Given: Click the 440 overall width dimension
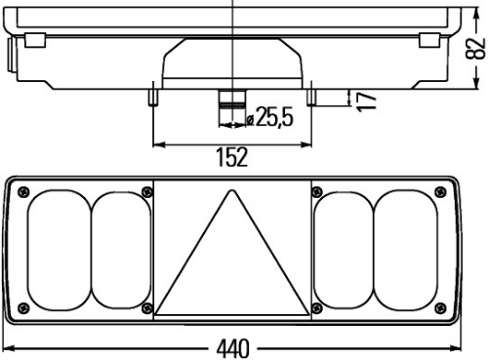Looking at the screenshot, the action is pyautogui.click(x=233, y=348).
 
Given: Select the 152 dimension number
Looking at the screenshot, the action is pyautogui.click(x=232, y=157).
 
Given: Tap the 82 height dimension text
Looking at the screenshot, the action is pyautogui.click(x=475, y=49).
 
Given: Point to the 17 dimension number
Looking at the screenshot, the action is pyautogui.click(x=366, y=101).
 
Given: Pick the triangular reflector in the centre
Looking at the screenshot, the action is pyautogui.click(x=232, y=253).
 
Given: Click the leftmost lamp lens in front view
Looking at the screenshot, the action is pyautogui.click(x=60, y=250).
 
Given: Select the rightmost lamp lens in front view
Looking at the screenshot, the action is pyautogui.click(x=406, y=250).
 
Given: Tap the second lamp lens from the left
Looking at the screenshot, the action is pyautogui.click(x=121, y=250).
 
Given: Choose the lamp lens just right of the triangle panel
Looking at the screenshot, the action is pyautogui.click(x=344, y=250).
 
